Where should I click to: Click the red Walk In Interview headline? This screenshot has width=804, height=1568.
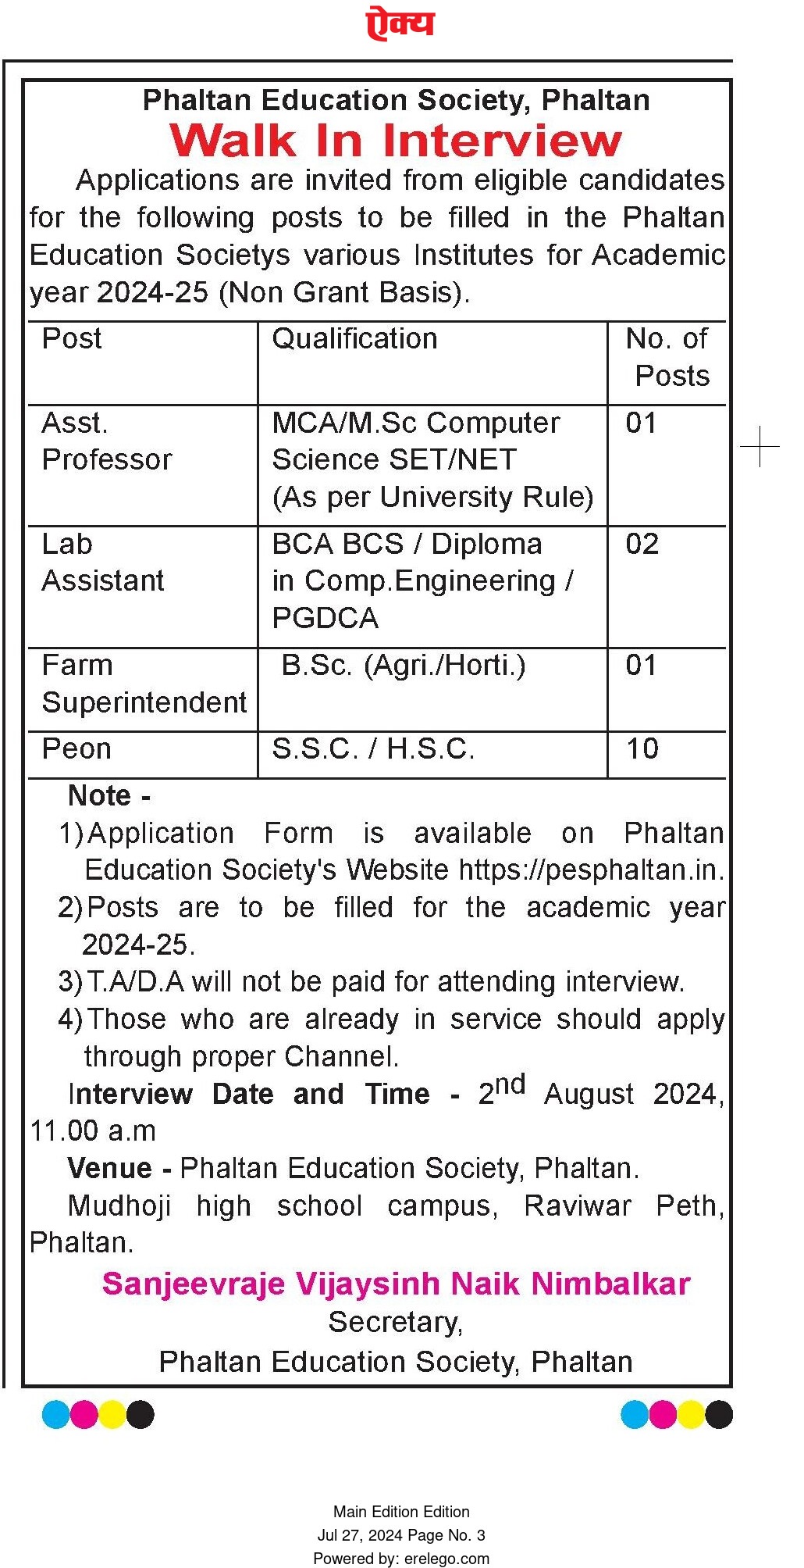click(x=396, y=141)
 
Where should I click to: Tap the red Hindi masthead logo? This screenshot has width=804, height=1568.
click(x=400, y=24)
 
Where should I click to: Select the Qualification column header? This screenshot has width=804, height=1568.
click(x=354, y=339)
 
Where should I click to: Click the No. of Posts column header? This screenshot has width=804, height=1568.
click(x=667, y=357)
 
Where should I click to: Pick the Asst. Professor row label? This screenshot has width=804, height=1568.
click(x=106, y=441)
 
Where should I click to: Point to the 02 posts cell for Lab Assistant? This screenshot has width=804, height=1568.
click(x=642, y=545)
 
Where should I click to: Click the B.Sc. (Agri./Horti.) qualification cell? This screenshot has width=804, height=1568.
click(x=403, y=666)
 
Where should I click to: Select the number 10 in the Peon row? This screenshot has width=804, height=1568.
click(x=642, y=749)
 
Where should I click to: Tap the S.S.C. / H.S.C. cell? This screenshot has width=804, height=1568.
click(x=373, y=749)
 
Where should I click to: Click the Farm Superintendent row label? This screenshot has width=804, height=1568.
click(x=144, y=684)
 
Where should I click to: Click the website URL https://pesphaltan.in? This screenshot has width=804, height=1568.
click(x=591, y=870)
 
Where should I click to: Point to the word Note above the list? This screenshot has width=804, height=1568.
click(x=99, y=796)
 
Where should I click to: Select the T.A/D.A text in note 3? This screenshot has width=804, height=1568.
click(x=136, y=982)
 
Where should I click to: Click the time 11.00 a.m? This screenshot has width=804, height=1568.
click(x=93, y=1131)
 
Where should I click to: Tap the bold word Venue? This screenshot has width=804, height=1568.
click(x=109, y=1169)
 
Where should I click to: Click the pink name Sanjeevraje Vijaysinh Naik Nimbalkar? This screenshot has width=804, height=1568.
click(x=396, y=1284)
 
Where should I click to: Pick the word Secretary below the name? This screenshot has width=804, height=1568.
click(x=395, y=1322)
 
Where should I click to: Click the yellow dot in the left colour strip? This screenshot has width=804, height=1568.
click(x=112, y=1414)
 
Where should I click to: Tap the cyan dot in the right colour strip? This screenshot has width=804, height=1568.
click(x=635, y=1414)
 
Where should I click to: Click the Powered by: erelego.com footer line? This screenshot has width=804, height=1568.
click(x=401, y=1559)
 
